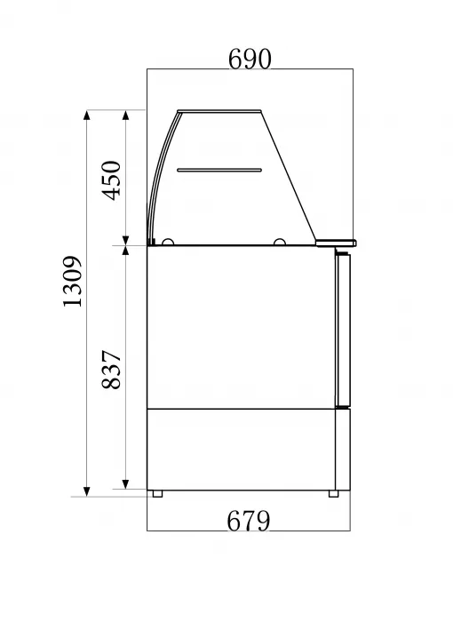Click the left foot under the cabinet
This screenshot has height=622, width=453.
(157, 492)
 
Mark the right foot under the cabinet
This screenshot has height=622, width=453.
(334, 492)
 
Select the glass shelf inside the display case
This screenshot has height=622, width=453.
(219, 168)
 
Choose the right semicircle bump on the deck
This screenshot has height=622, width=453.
(280, 241)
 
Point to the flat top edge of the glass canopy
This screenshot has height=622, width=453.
(222, 112)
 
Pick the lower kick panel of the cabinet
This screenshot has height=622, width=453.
(240, 448)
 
